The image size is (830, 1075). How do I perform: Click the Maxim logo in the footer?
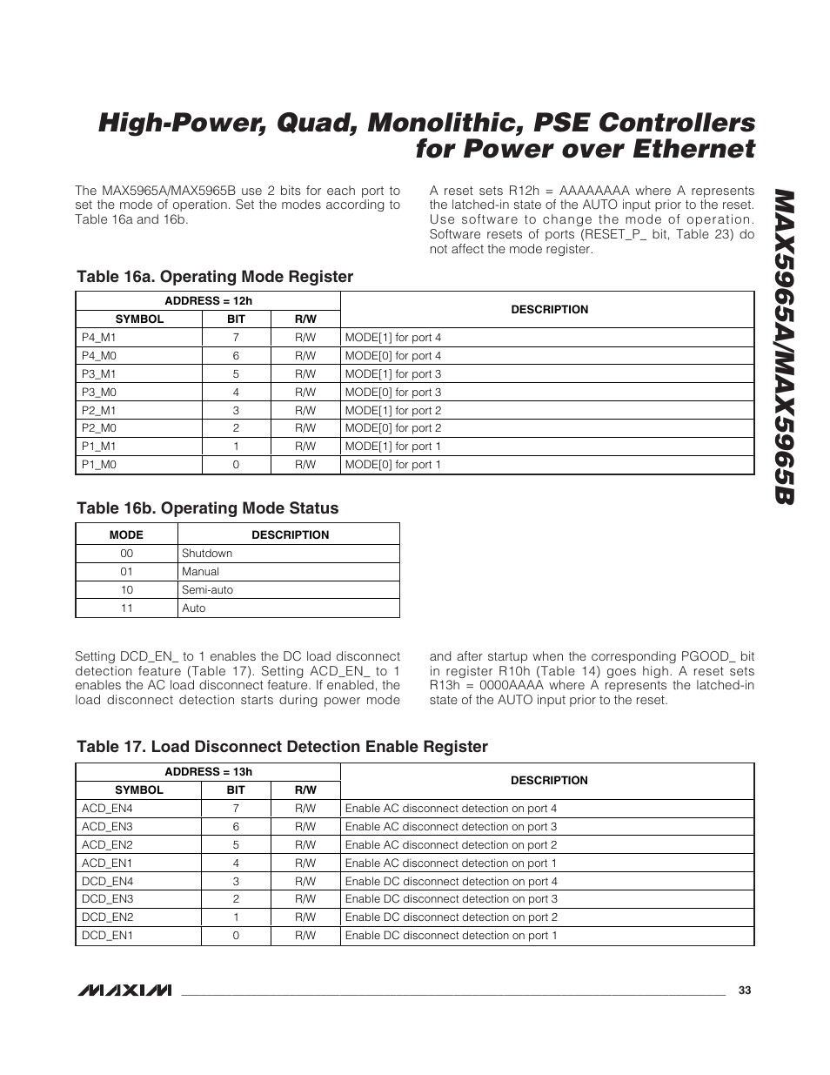pyautogui.click(x=124, y=991)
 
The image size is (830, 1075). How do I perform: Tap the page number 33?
pyautogui.click(x=744, y=991)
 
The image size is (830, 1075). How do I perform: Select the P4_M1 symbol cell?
pyautogui.click(x=98, y=338)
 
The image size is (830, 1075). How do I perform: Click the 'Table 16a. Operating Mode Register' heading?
pyautogui.click(x=215, y=277)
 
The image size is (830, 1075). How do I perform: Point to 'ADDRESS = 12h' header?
pyautogui.click(x=208, y=301)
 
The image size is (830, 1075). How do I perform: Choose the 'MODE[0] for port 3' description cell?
pyautogui.click(x=393, y=393)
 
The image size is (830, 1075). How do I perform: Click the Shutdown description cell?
pyautogui.click(x=207, y=554)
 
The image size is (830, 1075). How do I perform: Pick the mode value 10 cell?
pyautogui.click(x=127, y=590)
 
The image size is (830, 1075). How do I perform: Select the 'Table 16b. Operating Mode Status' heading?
pyautogui.click(x=207, y=508)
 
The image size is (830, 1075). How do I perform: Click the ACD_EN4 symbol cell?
pyautogui.click(x=107, y=809)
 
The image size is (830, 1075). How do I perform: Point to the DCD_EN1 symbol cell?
pyautogui.click(x=107, y=936)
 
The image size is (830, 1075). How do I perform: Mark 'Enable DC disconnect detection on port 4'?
pyautogui.click(x=451, y=882)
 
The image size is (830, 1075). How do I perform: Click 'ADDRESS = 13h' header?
pyautogui.click(x=208, y=772)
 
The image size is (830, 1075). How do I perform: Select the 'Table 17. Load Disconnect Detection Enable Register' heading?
pyautogui.click(x=282, y=747)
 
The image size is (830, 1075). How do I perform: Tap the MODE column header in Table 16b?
pyautogui.click(x=126, y=535)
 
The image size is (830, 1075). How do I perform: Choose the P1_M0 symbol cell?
pyautogui.click(x=98, y=465)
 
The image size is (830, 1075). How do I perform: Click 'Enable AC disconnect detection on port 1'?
pyautogui.click(x=451, y=863)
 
